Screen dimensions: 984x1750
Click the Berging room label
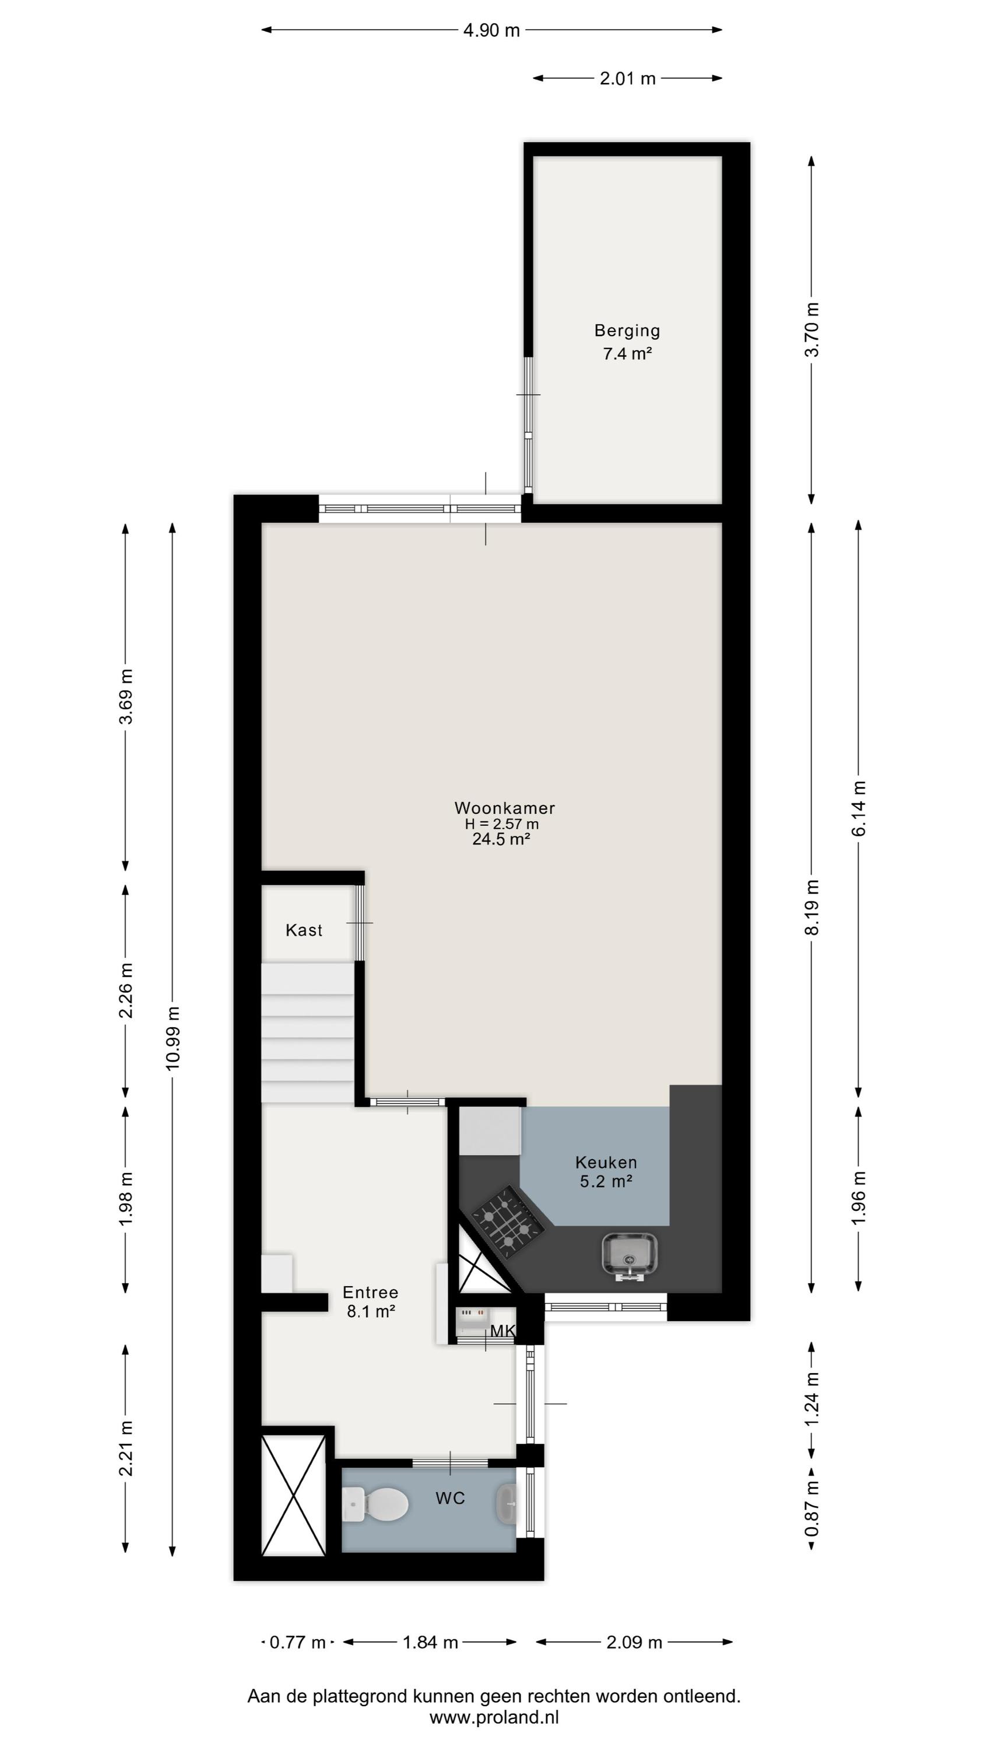pyautogui.click(x=627, y=331)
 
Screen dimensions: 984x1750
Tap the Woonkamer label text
pyautogui.click(x=505, y=808)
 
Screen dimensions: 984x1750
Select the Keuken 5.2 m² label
pyautogui.click(x=606, y=1172)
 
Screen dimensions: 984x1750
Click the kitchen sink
pyautogui.click(x=630, y=1255)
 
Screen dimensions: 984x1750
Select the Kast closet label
pyautogui.click(x=304, y=930)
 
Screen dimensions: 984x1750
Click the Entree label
pyautogui.click(x=370, y=1292)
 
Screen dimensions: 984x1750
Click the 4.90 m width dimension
pyautogui.click(x=491, y=30)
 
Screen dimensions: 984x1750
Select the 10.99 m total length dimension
pyautogui.click(x=173, y=1039)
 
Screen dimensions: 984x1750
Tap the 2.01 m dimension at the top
pyautogui.click(x=627, y=78)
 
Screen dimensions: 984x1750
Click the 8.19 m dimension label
pyautogui.click(x=811, y=907)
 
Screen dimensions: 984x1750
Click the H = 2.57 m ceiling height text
pyautogui.click(x=502, y=824)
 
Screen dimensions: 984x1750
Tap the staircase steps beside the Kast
pyautogui.click(x=308, y=1033)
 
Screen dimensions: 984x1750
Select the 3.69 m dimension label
pyautogui.click(x=126, y=696)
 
